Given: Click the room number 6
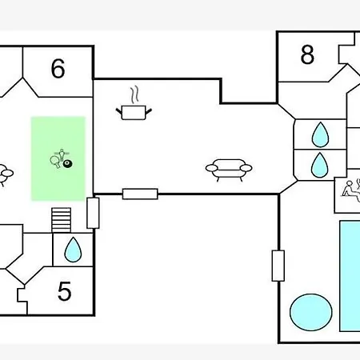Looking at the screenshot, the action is coord(58,69).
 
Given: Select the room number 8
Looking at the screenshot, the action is coord(307,54).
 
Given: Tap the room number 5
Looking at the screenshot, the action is coord(65,291).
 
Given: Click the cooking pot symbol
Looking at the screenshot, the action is coord(134,113).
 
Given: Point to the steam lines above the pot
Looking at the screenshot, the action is coord(135,94).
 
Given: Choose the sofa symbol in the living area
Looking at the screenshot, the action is coord(229,170).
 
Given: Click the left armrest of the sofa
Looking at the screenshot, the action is coord(212,168).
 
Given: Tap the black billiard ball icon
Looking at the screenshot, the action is coord(68,163).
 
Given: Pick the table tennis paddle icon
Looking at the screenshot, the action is coord(55,162).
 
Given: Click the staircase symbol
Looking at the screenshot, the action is coord(62,220).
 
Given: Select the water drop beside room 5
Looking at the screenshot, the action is coord(73,250).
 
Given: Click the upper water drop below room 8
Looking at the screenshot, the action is coord(320,134).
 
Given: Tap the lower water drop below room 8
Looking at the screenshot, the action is coord(320,165).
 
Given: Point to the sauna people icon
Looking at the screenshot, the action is coord(351,189).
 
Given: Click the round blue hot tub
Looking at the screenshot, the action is coord(311,312).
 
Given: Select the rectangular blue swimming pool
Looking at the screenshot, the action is coord(350,276).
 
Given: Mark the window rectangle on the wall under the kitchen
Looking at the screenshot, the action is coord(140,194).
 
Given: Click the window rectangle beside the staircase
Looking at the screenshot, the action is coord(93,213).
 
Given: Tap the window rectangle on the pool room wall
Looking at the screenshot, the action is coord(278,266).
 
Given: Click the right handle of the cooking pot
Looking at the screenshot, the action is coord(149,111).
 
